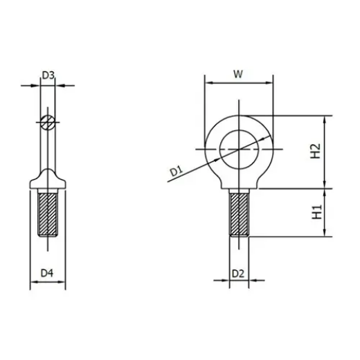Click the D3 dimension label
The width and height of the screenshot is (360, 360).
[48, 75]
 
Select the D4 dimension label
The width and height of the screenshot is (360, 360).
[47, 273]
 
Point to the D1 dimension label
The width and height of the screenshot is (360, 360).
[174, 168]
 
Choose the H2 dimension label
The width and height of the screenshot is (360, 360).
[315, 150]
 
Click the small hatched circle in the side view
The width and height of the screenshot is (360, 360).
[47, 124]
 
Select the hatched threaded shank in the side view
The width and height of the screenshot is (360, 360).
[47, 215]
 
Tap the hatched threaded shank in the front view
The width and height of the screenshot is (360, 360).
[238, 215]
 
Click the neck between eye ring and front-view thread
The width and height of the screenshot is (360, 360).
[238, 186]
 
